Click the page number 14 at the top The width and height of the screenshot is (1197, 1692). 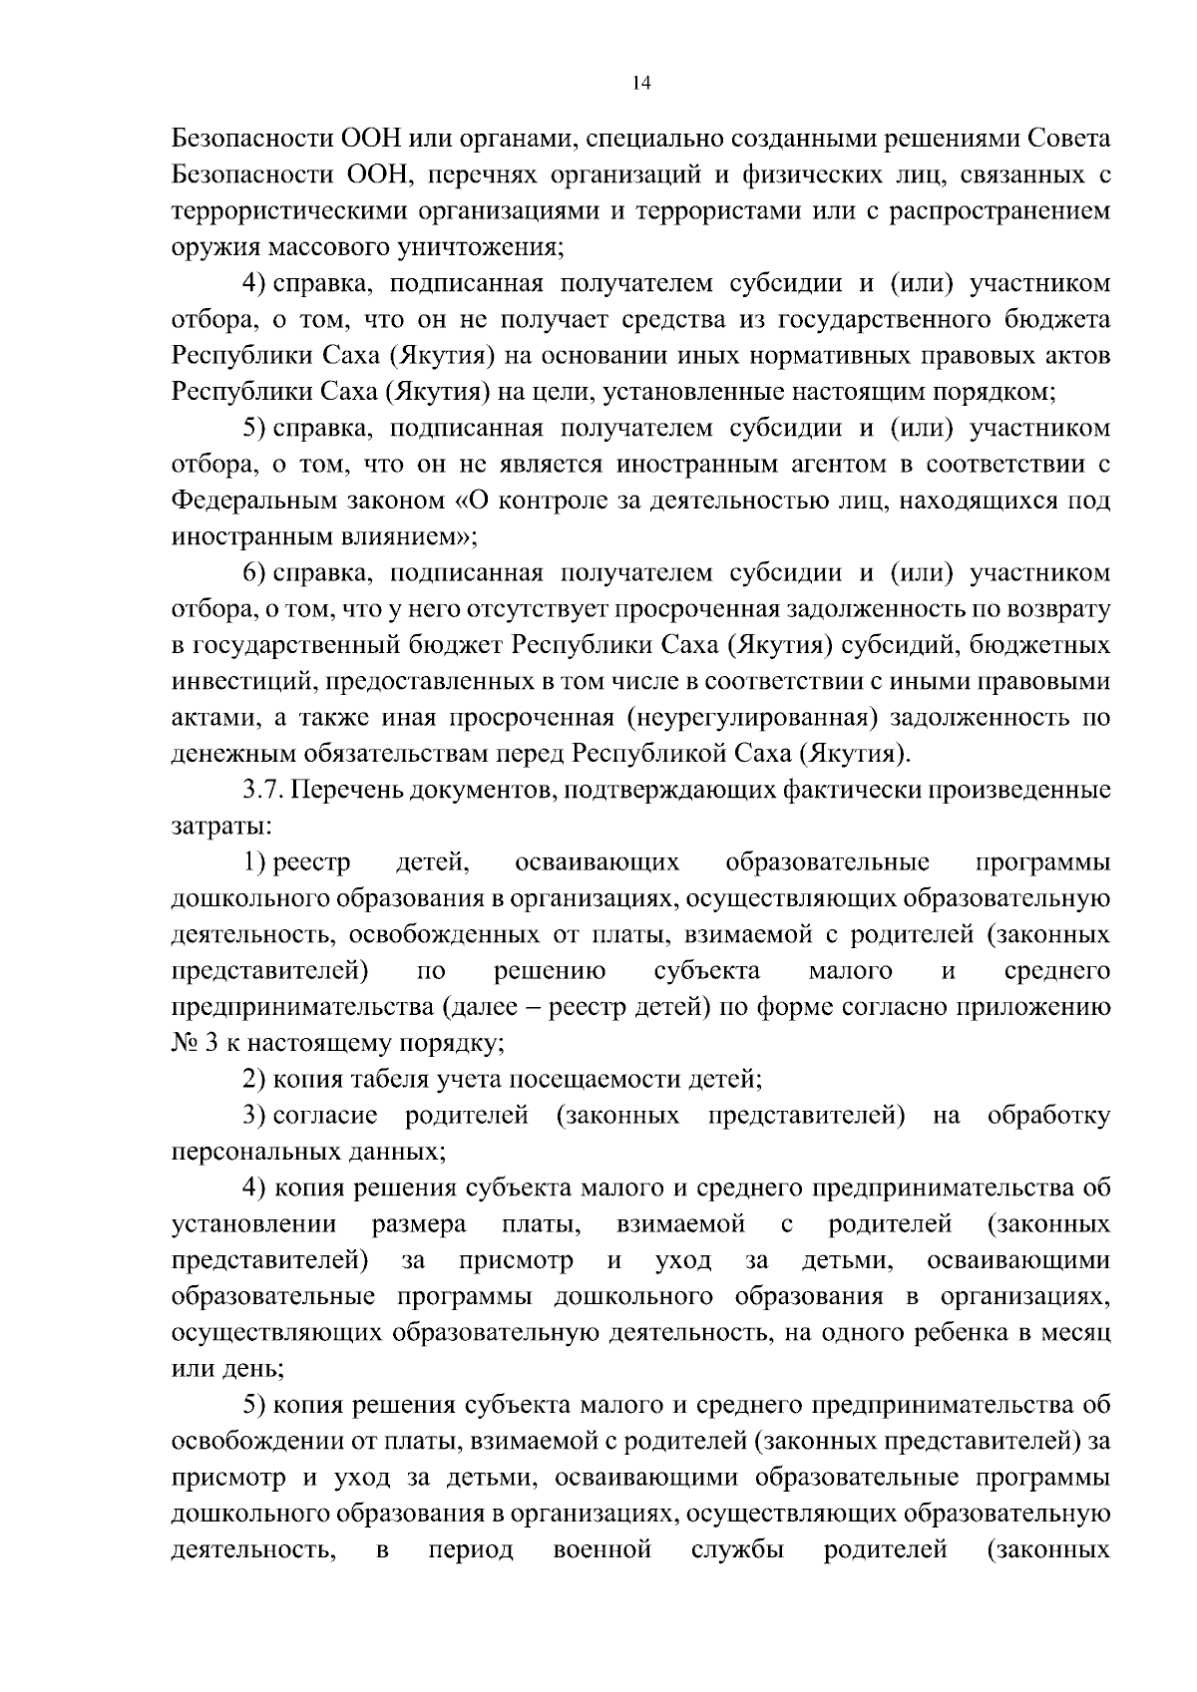click(x=641, y=84)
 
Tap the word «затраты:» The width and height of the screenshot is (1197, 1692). click(x=220, y=826)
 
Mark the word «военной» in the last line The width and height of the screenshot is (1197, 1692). click(x=601, y=1549)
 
